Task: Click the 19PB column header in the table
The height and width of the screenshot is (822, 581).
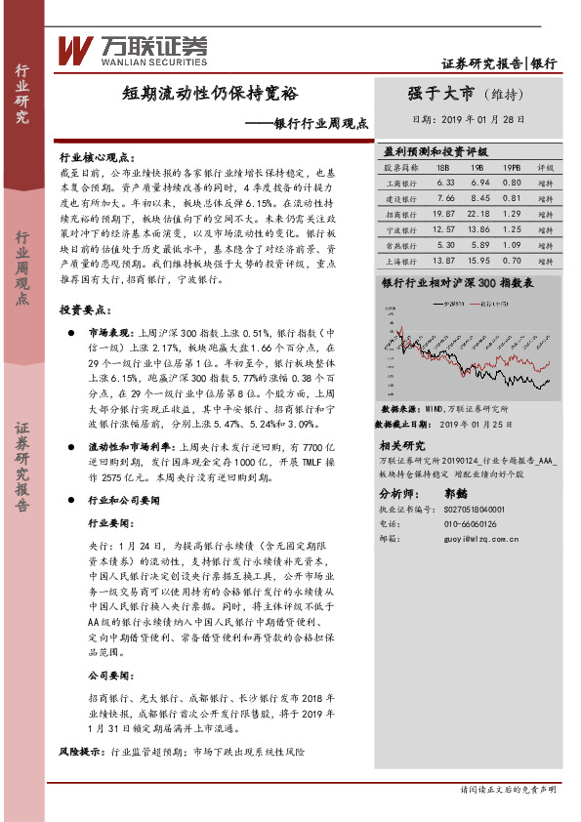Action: pos(512,168)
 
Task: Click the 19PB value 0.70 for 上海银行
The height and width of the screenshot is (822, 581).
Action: pos(512,260)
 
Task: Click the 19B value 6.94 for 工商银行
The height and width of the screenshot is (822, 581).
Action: pos(479,183)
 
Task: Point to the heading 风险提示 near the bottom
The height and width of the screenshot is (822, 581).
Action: pos(82,753)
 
